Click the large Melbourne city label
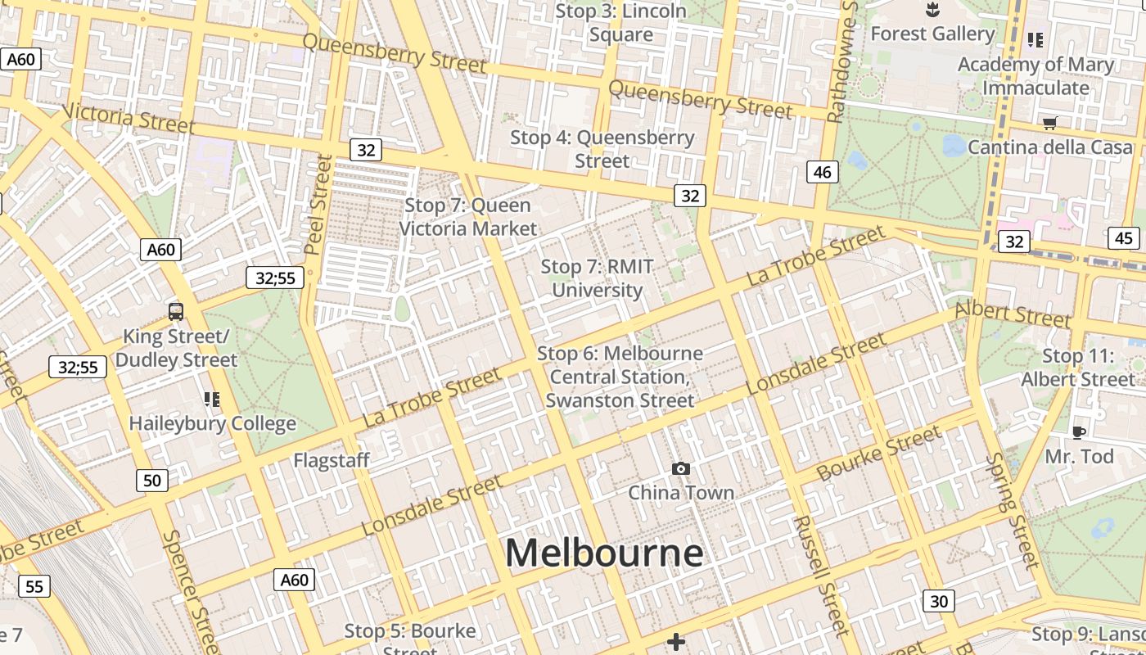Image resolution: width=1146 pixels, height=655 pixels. (x=604, y=553)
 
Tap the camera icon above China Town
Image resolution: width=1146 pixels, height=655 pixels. (x=680, y=468)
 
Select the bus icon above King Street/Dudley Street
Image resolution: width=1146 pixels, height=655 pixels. (x=175, y=311)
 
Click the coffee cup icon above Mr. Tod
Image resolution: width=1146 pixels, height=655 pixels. (x=1079, y=432)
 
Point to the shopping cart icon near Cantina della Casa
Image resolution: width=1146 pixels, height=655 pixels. (x=1049, y=123)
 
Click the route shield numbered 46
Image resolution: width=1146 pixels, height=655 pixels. (x=823, y=172)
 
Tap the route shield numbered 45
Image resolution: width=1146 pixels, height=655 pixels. (x=1124, y=238)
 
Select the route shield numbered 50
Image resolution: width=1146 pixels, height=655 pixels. (x=152, y=481)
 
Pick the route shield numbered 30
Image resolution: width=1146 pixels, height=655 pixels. (x=939, y=602)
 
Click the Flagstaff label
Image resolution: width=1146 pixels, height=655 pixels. (x=332, y=460)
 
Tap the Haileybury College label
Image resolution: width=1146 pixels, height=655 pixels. (x=213, y=423)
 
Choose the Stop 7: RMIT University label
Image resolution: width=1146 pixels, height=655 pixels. (x=598, y=278)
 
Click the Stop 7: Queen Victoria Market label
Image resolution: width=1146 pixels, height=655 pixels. (x=468, y=217)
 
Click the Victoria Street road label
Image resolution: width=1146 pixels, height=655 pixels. (x=129, y=119)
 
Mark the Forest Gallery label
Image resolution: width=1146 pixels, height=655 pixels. (x=932, y=34)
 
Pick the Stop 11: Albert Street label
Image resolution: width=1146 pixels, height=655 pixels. (x=1077, y=368)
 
